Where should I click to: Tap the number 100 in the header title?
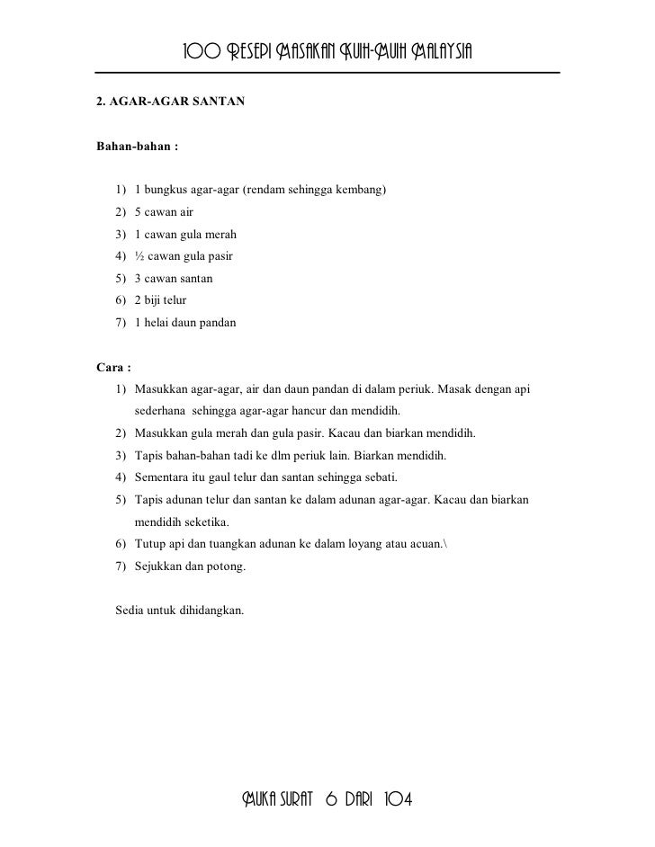(201, 49)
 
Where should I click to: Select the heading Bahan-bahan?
(130, 145)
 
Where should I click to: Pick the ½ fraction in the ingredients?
(139, 256)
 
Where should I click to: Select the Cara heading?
(113, 368)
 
